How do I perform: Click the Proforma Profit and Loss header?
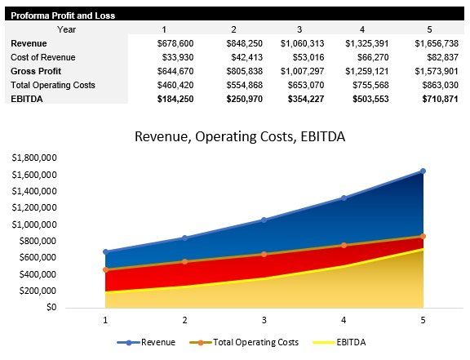[x=62, y=16]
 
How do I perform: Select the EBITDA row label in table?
[x=28, y=99]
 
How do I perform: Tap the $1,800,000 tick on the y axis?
[x=34, y=158]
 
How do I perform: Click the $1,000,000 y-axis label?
[x=34, y=224]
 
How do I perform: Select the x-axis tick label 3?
[x=264, y=320]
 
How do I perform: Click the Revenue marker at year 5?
[x=423, y=171]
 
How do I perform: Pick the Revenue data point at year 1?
[x=105, y=251]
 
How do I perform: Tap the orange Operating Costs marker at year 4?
[x=344, y=245]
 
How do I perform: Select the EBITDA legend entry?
[x=337, y=342]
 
